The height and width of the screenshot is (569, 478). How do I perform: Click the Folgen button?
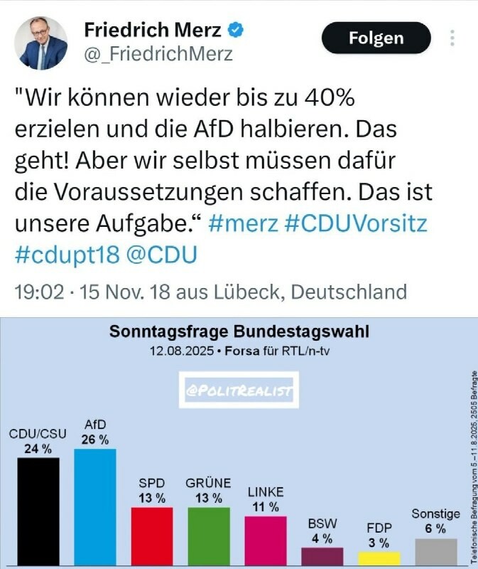point(376,38)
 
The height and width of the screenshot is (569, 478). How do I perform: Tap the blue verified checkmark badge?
point(236,30)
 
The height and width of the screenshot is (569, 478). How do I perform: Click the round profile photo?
point(41,43)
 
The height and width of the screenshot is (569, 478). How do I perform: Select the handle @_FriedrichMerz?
point(158,54)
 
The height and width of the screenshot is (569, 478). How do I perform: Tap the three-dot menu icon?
point(452,38)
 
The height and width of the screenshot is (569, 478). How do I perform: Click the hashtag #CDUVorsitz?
point(356,223)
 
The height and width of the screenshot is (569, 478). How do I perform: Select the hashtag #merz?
point(243,223)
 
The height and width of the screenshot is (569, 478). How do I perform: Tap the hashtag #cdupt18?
point(67,255)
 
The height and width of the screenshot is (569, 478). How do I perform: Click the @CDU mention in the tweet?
point(162,255)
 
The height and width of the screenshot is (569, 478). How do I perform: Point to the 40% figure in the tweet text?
point(329,97)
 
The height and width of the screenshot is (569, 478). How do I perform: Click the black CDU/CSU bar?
point(38,511)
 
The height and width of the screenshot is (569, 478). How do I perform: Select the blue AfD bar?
point(95,507)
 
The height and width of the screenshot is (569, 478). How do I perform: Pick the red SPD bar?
point(152,536)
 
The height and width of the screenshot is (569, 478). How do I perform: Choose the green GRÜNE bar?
point(209,536)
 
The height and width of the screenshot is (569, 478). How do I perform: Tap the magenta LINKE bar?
point(266,541)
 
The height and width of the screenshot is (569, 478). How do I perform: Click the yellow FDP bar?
point(379,558)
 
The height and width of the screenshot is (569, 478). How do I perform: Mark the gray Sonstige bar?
point(436,552)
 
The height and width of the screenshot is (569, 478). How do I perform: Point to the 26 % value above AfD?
point(95,440)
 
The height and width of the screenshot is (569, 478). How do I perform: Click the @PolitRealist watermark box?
point(239,390)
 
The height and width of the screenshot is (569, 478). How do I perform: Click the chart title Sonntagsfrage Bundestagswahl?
point(239,331)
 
